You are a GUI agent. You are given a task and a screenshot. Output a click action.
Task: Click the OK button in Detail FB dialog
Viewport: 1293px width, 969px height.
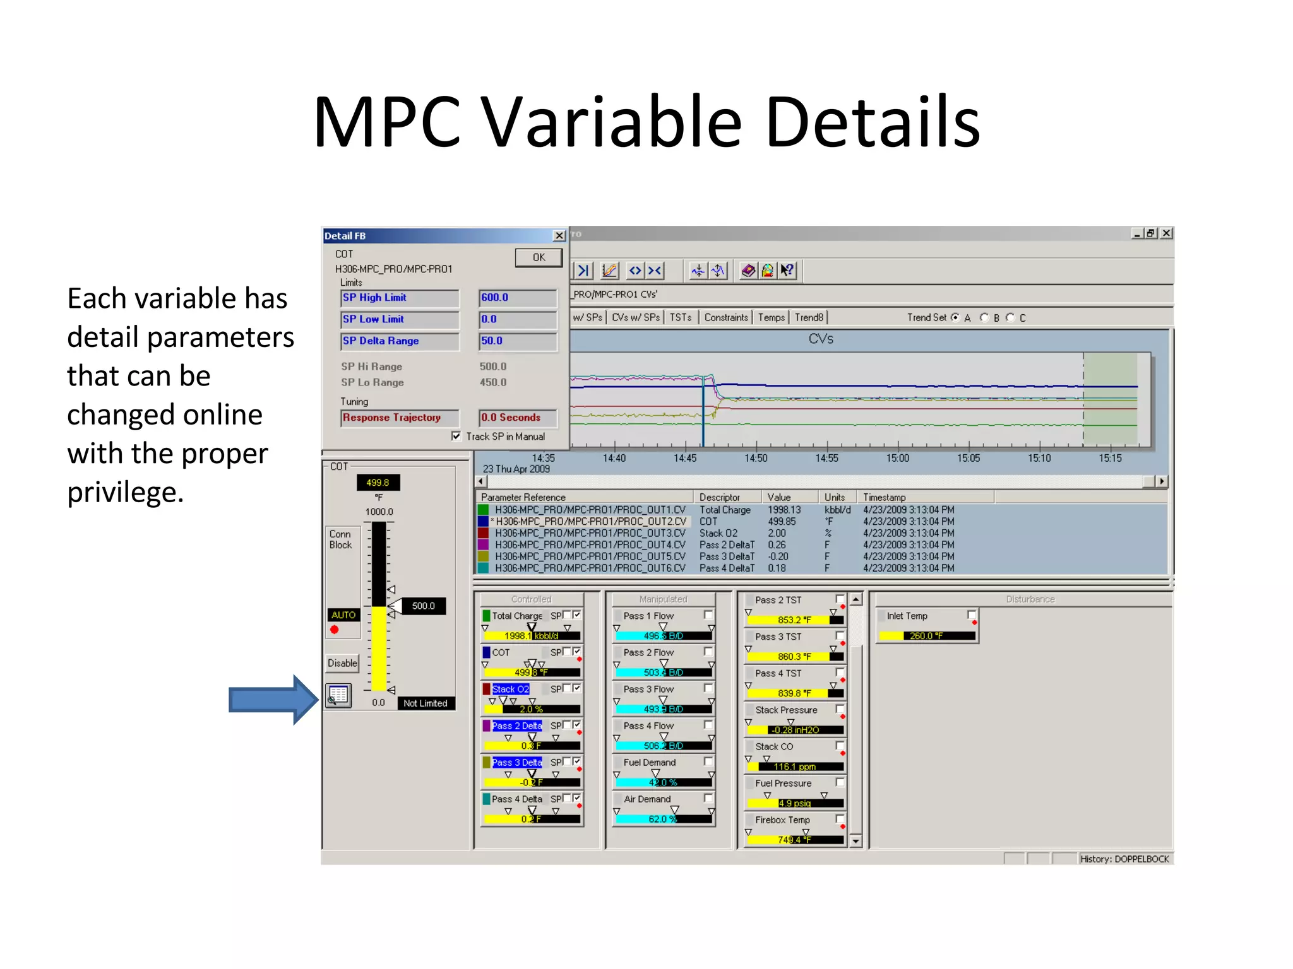[x=538, y=257]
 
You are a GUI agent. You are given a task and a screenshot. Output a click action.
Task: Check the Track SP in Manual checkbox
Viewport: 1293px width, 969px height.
[x=456, y=436]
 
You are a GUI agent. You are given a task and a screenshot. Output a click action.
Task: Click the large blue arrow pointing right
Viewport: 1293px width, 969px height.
[x=273, y=700]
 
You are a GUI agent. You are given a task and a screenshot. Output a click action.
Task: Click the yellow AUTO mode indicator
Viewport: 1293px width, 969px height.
[x=343, y=614]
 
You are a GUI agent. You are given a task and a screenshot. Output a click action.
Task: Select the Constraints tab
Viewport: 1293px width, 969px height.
[x=725, y=317]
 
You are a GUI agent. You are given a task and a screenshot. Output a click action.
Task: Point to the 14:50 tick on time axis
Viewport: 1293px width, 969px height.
[x=756, y=458]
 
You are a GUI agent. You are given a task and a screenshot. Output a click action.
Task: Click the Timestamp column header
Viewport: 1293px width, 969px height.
[x=884, y=497]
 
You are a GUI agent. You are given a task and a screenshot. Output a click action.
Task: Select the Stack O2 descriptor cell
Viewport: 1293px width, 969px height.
[x=718, y=533]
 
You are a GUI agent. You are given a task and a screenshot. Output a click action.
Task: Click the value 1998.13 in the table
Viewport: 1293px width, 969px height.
[x=784, y=510]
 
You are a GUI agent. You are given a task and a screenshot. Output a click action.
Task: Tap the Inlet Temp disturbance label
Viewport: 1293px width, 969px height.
[x=907, y=616]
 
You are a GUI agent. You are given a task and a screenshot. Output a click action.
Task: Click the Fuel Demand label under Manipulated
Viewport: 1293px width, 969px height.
[x=649, y=762]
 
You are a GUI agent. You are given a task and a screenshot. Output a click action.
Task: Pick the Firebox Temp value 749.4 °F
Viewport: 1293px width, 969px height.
[x=794, y=840]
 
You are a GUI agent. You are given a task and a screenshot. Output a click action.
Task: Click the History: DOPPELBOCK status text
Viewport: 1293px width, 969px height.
[x=1124, y=859]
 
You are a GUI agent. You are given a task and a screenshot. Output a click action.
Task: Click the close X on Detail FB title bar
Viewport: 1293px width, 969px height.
[x=559, y=235]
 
